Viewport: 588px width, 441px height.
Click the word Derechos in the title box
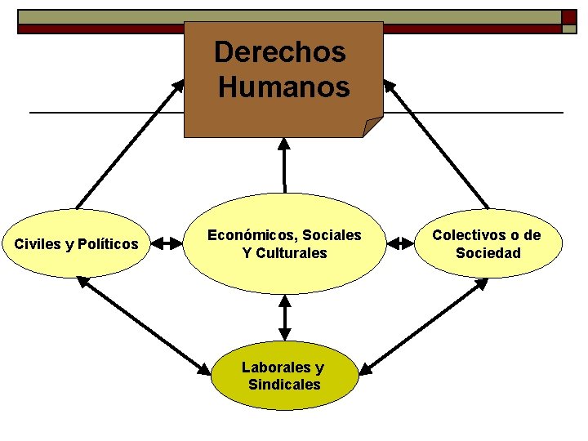279,53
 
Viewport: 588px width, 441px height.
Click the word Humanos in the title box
284,87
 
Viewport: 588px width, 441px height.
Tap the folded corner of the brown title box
372,127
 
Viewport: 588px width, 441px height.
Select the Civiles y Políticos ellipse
77,243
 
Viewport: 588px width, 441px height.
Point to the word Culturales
292,253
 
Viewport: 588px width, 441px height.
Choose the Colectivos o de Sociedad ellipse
488,243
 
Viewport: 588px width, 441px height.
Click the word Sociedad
488,253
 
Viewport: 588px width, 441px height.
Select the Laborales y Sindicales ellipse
284,376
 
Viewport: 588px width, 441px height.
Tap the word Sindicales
284,385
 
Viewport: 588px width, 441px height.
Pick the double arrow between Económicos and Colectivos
400,243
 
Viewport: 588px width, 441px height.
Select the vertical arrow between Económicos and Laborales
284,317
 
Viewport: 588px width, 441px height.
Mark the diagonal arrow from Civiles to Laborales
143,325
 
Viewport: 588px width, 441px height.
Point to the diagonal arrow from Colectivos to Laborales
423,325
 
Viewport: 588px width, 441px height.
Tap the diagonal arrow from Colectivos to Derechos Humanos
438,143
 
